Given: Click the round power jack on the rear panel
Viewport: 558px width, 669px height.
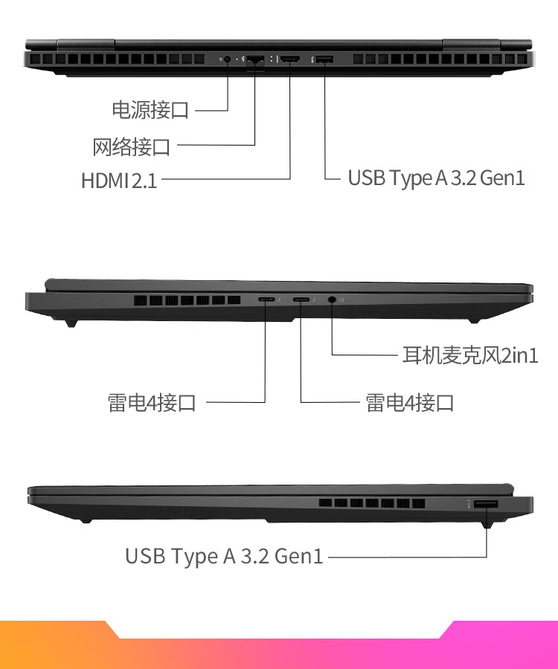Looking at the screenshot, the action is coord(227,59).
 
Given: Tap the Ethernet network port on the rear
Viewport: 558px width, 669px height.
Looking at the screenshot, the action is coord(255,59).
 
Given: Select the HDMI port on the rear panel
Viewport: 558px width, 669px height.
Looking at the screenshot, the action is coord(290,59).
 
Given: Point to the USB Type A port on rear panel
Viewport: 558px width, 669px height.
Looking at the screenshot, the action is coord(324,59).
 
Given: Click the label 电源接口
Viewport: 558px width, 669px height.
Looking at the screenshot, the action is coord(150,110).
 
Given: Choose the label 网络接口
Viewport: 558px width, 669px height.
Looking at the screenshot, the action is coord(132,147).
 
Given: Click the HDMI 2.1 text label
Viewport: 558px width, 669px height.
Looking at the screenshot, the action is coord(119,181).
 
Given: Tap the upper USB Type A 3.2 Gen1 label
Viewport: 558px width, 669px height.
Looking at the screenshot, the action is coord(436,178).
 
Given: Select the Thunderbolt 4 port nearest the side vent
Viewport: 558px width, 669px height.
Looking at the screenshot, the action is coord(266,300).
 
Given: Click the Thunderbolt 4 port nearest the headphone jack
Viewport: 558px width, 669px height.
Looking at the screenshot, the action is coord(301,300).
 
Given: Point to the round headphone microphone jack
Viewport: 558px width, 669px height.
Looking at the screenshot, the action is coord(332,300).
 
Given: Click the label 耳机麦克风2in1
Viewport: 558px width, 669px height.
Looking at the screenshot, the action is coord(470,355).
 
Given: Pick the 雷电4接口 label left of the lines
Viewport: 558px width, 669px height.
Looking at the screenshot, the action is coord(152,403).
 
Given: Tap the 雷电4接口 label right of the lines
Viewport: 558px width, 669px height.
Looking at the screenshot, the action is coord(409,403).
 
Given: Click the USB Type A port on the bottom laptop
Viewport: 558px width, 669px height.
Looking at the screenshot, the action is coord(487,504).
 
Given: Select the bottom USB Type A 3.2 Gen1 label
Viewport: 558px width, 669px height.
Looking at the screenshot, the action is coord(224,556).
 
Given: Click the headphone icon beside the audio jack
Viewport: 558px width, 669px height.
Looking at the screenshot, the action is coord(342,300).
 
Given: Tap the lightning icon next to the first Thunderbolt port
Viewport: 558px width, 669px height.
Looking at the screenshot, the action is coord(279,300).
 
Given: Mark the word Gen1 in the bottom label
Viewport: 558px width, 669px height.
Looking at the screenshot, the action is coord(298,556).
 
